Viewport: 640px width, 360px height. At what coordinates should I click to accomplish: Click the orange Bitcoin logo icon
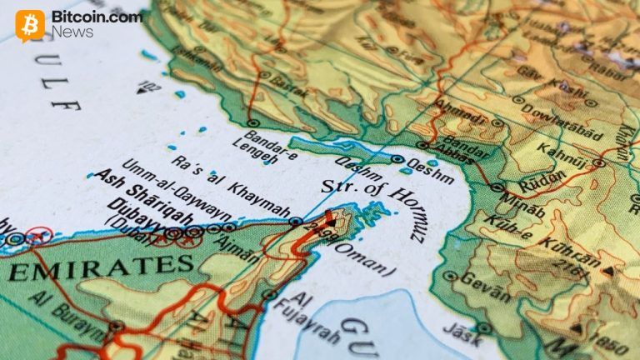[x=30, y=26]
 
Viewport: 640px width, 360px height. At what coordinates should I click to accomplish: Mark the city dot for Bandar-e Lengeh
[x=252, y=123]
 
